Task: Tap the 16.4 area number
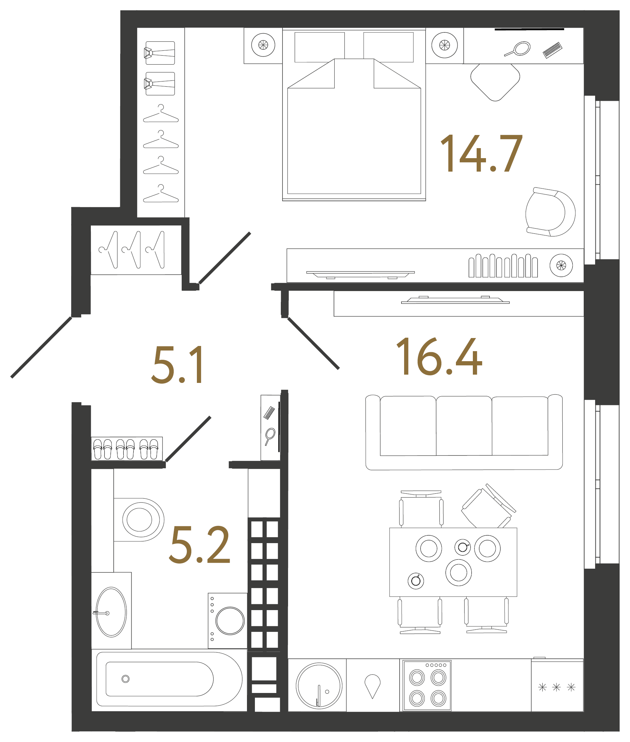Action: point(439,356)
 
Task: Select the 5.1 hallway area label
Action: point(178,365)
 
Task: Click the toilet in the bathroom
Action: point(139,520)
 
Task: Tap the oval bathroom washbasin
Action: point(112,612)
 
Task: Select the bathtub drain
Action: point(125,679)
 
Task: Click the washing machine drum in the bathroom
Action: point(230,620)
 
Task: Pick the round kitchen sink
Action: point(319,686)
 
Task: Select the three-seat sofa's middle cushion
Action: point(464,426)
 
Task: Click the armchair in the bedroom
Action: point(550,212)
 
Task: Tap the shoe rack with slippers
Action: point(127,449)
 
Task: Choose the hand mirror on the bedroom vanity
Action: point(517,49)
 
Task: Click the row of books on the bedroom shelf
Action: point(503,266)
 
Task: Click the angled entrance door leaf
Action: point(41,347)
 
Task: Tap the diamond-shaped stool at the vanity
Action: point(495,82)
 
